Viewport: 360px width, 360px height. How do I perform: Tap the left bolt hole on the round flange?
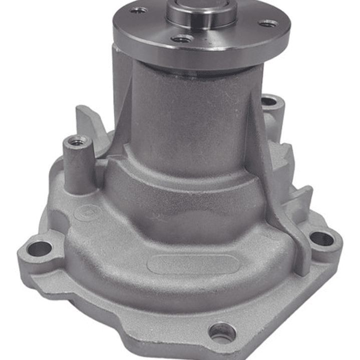click(x=138, y=10)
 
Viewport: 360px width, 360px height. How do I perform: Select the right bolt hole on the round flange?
click(x=268, y=23)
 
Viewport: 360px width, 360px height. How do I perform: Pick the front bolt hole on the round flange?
click(x=181, y=39)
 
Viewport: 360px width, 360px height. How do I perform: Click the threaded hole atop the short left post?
click(x=77, y=142)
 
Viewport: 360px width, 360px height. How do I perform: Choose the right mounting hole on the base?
click(x=322, y=239)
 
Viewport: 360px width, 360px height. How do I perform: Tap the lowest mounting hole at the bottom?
click(x=222, y=331)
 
